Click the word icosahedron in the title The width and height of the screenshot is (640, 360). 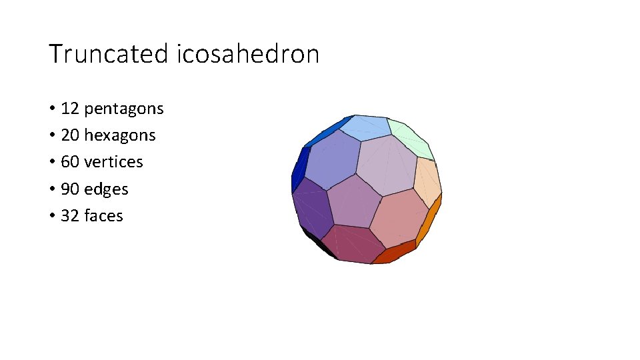(249, 54)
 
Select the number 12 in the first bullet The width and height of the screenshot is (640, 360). (69, 109)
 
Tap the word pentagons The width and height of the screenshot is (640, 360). (124, 109)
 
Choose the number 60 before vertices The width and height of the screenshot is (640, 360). (69, 162)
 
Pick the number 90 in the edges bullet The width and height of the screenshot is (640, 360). (69, 189)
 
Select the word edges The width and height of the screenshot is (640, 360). (106, 189)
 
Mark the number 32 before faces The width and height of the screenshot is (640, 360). (69, 216)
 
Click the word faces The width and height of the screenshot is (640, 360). (103, 216)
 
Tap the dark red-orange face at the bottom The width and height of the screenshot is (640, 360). (393, 253)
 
